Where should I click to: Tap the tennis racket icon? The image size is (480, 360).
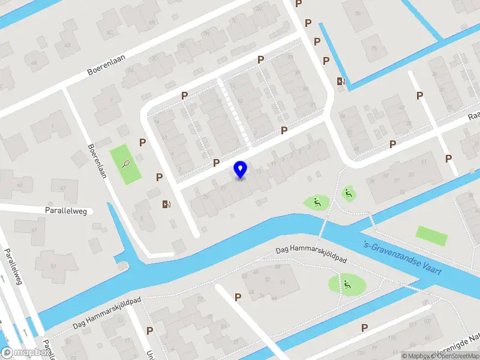pyautogui.click(x=125, y=163)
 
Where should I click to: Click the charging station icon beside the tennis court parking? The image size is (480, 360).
pyautogui.click(x=166, y=204)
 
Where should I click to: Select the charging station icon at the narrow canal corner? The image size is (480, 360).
pyautogui.click(x=341, y=81)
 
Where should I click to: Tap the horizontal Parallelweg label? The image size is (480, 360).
pyautogui.click(x=66, y=211)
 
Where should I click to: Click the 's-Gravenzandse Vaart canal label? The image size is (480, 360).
pyautogui.click(x=403, y=258)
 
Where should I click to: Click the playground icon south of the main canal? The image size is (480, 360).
pyautogui.click(x=347, y=283)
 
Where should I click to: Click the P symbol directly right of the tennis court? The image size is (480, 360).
pyautogui.click(x=143, y=142)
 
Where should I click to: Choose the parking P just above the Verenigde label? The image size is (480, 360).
pyautogui.click(x=364, y=328)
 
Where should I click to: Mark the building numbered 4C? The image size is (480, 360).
pyautogui.click(x=110, y=32)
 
